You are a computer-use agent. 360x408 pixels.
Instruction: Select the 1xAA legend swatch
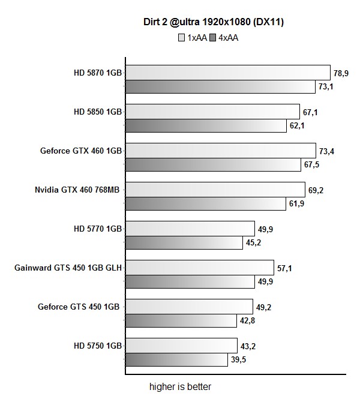point(181,38)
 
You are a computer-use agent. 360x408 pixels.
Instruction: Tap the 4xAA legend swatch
point(213,38)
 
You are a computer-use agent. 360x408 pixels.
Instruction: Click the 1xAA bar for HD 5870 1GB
point(228,73)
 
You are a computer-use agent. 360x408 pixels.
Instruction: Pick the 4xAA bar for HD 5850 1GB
point(206,126)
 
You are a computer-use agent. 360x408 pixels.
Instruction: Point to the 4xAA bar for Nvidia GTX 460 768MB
point(206,204)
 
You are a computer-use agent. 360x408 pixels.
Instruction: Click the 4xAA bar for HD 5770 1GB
point(184,243)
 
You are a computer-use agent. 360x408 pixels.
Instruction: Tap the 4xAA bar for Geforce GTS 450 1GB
point(181,321)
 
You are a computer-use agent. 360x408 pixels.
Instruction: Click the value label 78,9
point(341,73)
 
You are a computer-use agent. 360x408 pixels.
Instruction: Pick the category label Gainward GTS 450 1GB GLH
point(68,268)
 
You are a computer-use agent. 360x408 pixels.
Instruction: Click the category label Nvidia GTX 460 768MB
point(77,190)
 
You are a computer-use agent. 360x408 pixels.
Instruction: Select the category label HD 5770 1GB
point(98,229)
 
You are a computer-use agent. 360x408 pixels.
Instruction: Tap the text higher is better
point(180,386)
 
